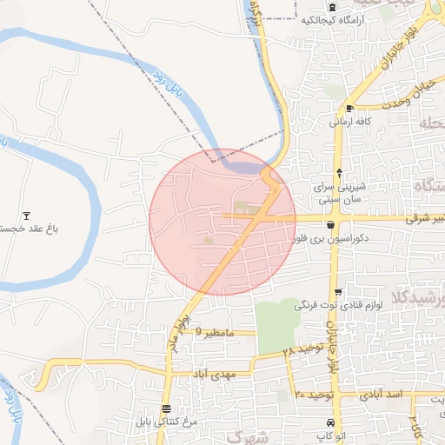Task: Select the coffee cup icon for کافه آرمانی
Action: (349, 109)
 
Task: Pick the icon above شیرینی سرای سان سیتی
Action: (338, 172)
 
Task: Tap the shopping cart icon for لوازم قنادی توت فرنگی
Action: (338, 292)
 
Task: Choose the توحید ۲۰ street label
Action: (314, 395)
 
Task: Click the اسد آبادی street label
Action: (389, 395)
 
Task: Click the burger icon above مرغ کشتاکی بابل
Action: (166, 409)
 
